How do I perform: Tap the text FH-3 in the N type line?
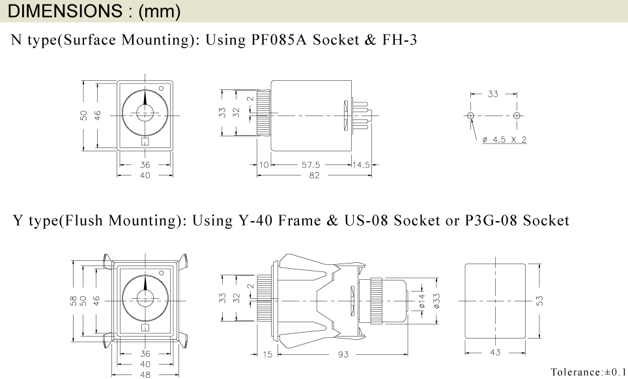[398, 40]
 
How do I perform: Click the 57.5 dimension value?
[310, 165]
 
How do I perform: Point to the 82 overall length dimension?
[314, 176]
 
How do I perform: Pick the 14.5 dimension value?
[361, 165]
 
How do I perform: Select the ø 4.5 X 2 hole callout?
[504, 140]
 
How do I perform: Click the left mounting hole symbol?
[471, 115]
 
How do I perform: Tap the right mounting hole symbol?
[517, 115]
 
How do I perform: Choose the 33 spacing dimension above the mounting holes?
[493, 94]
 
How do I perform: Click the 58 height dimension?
[73, 301]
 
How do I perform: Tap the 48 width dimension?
[145, 374]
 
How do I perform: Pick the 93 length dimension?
[344, 355]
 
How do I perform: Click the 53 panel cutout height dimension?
[539, 300]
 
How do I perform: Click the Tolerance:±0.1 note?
[586, 372]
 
